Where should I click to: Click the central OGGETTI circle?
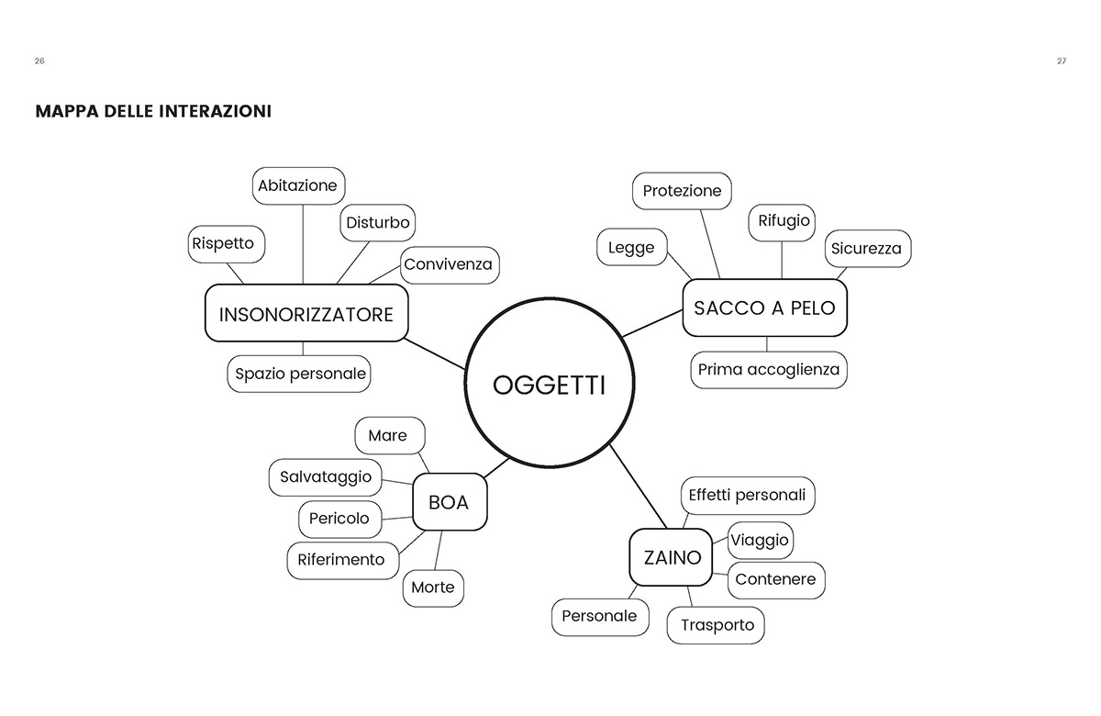point(549,386)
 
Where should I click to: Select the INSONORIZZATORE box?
point(306,314)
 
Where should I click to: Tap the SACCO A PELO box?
point(764,308)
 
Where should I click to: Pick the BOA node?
point(449,502)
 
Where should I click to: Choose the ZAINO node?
point(671,556)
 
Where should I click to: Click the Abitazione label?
point(298,185)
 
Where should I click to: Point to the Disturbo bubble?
point(377,223)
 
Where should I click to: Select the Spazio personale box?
point(300,374)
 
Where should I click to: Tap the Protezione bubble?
point(682,191)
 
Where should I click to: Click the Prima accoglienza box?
point(768,369)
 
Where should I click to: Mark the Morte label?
point(432,587)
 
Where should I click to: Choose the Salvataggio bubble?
point(326,476)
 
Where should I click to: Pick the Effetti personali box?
point(747,495)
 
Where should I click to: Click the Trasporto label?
point(717,625)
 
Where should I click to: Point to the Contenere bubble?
point(775,579)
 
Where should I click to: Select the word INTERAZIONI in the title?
point(215,111)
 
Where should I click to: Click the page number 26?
point(39,61)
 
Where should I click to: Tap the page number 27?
point(1061,61)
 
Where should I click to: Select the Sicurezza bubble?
point(866,249)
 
